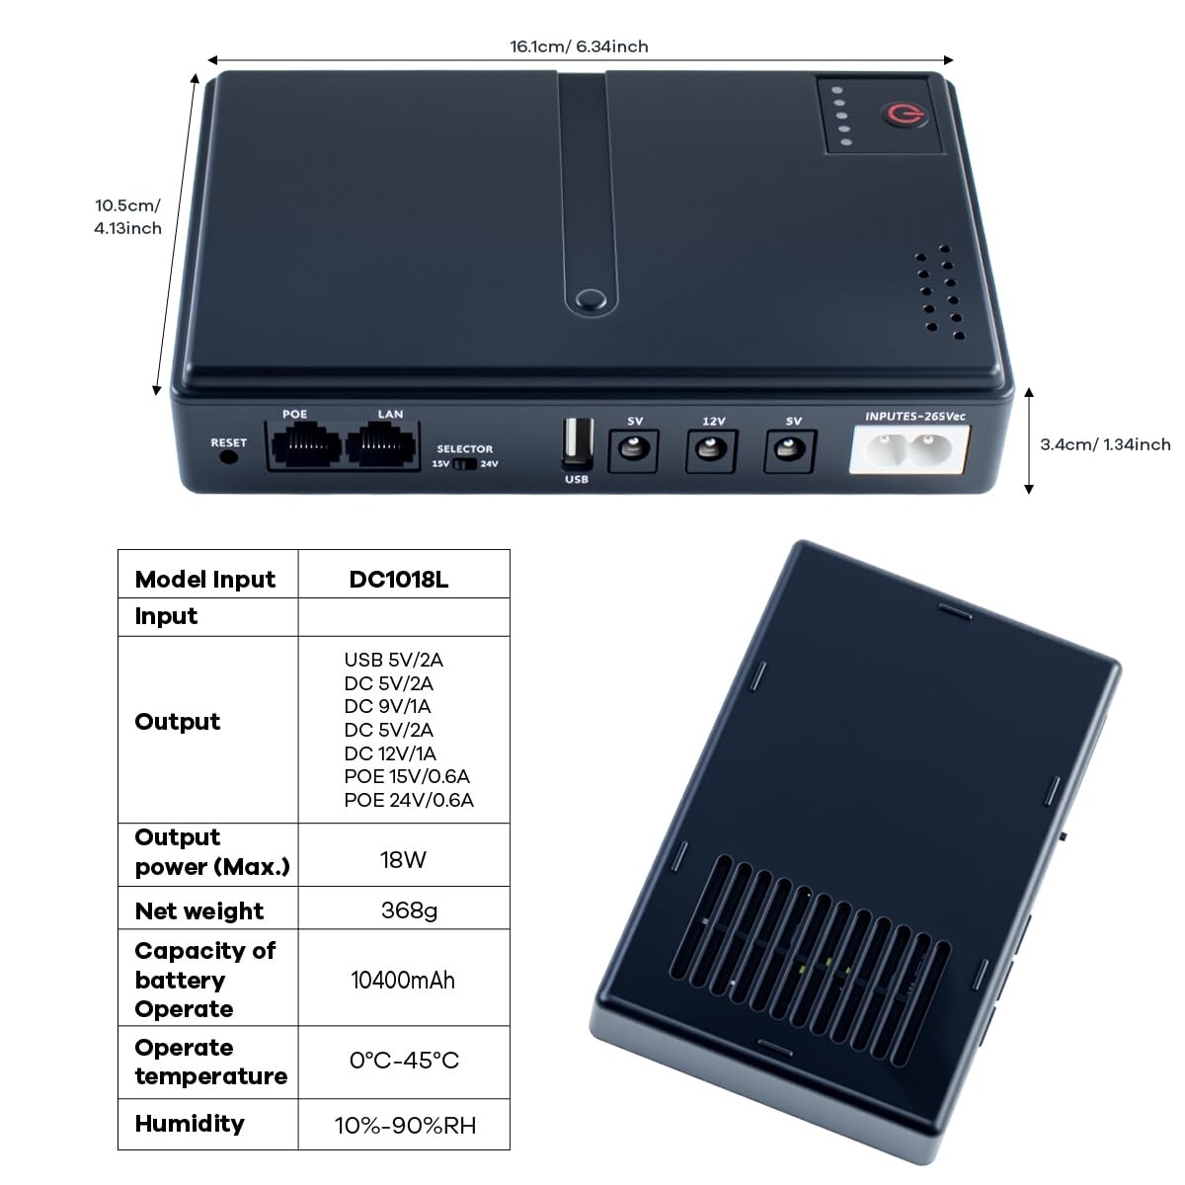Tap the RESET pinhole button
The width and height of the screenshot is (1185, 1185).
pos(229,458)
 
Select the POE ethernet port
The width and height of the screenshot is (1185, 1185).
pos(304,446)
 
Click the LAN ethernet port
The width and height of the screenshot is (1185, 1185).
pos(385,446)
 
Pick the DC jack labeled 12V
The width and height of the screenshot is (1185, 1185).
pos(711,451)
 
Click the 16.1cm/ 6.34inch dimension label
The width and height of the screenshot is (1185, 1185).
pos(579,46)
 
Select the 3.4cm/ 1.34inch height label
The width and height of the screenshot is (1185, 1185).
pos(1105,444)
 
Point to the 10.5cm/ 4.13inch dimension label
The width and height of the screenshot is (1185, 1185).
pos(127,217)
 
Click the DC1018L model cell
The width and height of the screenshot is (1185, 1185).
pos(399,580)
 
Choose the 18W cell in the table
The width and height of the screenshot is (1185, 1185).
pos(403,859)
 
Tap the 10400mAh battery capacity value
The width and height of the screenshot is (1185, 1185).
pos(403,980)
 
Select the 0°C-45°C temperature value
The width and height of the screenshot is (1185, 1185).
pos(404,1061)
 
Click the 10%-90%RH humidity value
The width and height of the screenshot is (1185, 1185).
pos(405,1125)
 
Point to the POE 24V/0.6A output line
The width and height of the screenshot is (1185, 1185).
pos(409,800)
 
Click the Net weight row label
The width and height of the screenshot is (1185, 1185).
pos(199,911)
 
